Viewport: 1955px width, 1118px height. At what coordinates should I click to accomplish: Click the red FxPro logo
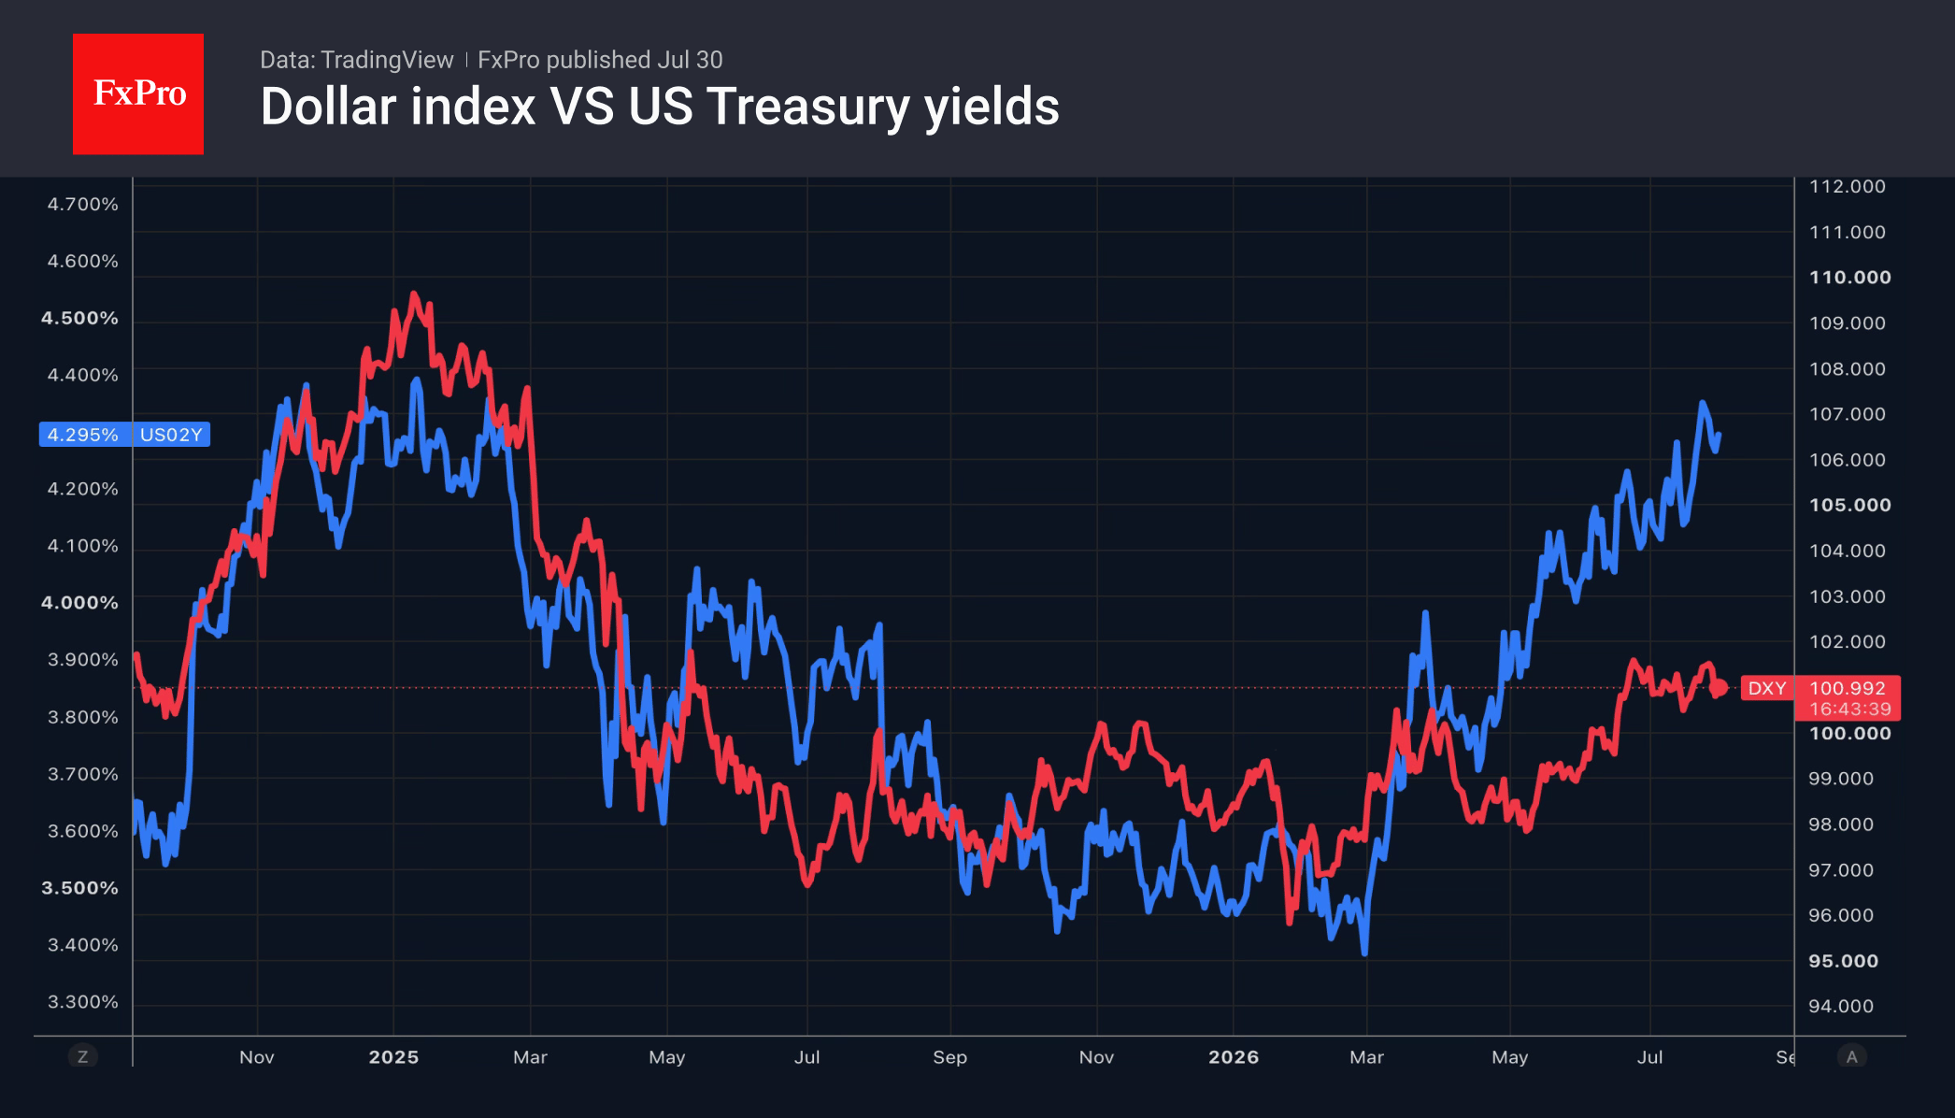[138, 93]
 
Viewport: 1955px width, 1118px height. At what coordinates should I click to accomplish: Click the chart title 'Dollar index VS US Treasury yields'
[660, 107]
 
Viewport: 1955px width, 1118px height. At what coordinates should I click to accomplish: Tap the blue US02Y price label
[124, 435]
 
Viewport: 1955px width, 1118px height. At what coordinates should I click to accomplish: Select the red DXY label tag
[1767, 689]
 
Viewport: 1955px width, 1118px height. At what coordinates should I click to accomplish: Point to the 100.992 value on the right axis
[1848, 688]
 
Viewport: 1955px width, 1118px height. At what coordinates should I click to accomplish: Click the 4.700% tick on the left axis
[83, 204]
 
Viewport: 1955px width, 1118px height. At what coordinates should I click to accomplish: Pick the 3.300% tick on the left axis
[83, 1002]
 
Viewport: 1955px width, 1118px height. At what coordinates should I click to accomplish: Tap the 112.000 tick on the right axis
[1848, 186]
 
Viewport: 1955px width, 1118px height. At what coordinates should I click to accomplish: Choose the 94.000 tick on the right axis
[1841, 1006]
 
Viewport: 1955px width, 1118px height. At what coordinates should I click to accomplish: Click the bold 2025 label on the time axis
[393, 1057]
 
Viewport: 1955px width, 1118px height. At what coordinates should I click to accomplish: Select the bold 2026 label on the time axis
[1234, 1057]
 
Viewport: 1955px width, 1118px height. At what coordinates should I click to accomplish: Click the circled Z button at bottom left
[83, 1056]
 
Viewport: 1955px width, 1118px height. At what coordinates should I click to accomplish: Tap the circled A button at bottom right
[1851, 1056]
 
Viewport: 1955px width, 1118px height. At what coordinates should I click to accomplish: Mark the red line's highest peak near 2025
[414, 294]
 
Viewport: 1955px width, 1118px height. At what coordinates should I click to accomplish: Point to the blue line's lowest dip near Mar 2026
[1365, 953]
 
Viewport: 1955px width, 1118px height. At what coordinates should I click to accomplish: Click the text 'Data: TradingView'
[356, 60]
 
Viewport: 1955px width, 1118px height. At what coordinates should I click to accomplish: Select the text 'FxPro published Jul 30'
[600, 60]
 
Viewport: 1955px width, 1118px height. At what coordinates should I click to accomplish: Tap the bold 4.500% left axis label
[79, 318]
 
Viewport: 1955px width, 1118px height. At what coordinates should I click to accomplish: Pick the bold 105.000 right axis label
[1850, 505]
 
